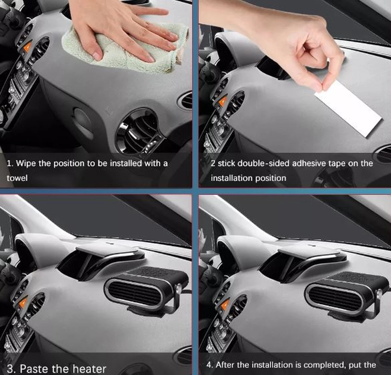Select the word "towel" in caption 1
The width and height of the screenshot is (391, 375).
17,178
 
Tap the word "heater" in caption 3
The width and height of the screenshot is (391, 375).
89,369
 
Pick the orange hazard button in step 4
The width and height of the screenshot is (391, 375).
224,304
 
